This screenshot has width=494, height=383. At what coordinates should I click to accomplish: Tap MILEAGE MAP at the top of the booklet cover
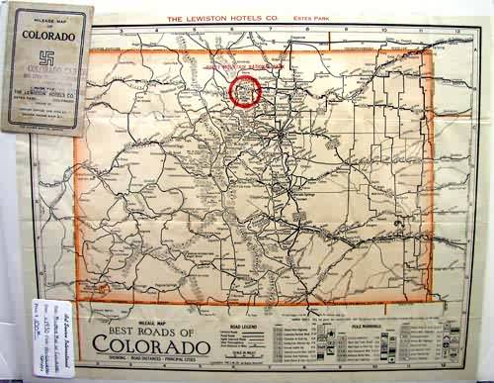click(x=47, y=20)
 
